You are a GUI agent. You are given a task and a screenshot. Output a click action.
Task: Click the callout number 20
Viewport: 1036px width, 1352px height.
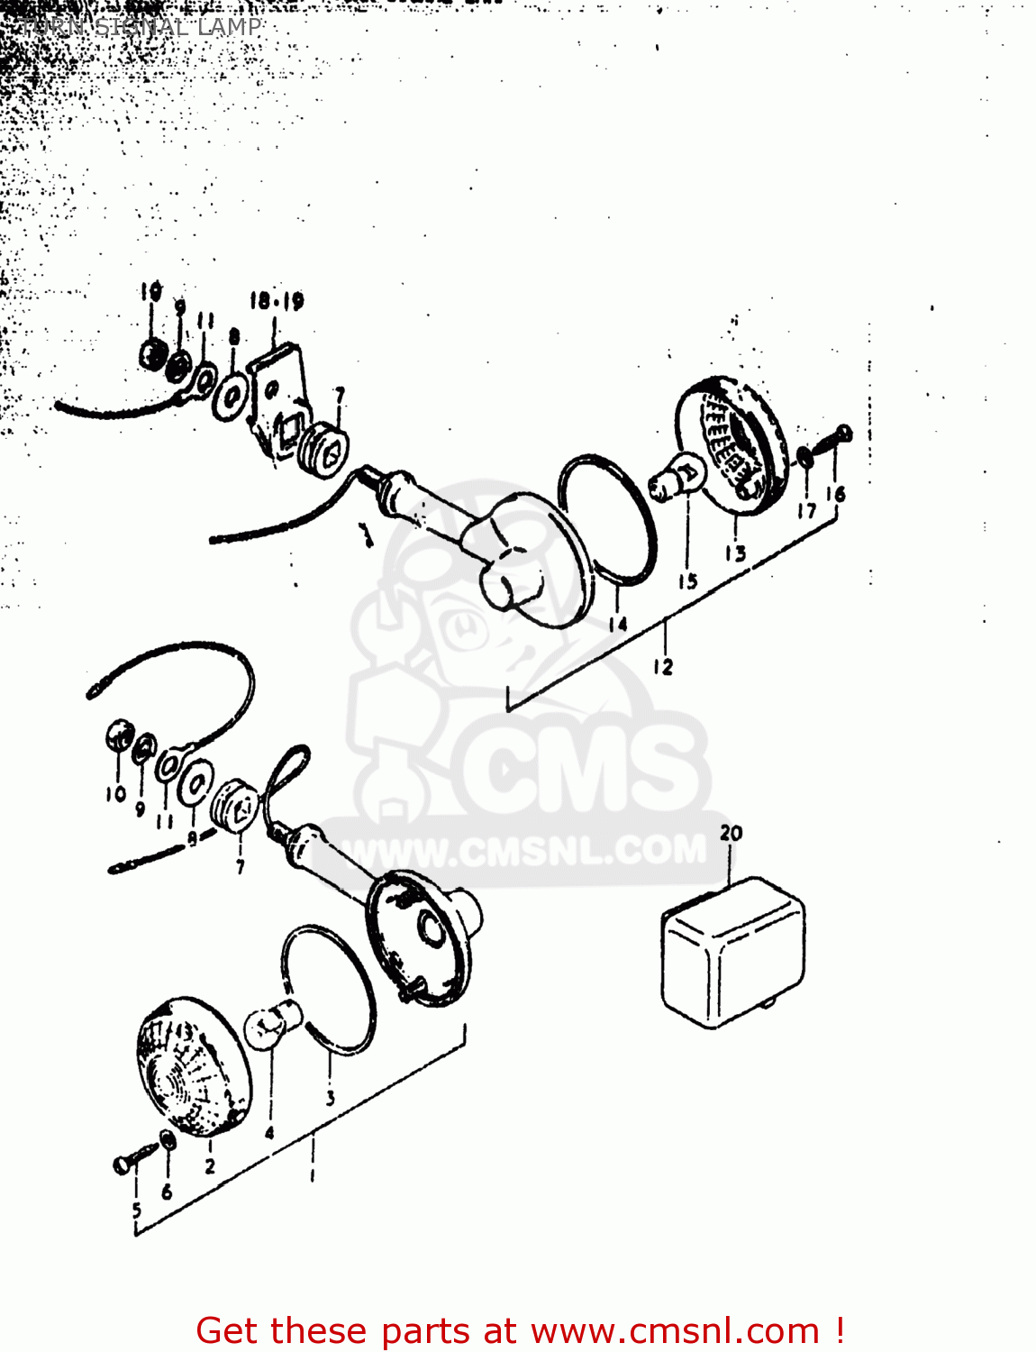pos(731,833)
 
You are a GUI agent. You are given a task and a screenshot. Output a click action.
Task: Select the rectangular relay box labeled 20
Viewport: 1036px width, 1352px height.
pos(733,954)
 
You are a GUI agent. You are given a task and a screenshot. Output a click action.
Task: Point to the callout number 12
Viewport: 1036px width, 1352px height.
pos(663,667)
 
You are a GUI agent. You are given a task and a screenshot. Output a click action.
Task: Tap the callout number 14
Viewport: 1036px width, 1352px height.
pos(617,624)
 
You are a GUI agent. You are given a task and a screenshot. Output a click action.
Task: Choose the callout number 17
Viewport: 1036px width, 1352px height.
pos(806,510)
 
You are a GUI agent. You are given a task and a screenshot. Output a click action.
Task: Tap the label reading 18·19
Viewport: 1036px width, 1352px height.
pos(277,300)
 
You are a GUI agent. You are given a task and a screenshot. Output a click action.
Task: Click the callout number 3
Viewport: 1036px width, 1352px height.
pos(331,1098)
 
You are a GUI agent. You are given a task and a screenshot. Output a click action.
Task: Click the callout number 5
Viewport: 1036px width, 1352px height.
pos(136,1210)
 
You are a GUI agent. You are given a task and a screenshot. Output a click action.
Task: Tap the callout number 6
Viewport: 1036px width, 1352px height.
pos(167,1192)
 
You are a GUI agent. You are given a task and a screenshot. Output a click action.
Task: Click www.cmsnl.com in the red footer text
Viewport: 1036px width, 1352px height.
pos(676,1331)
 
